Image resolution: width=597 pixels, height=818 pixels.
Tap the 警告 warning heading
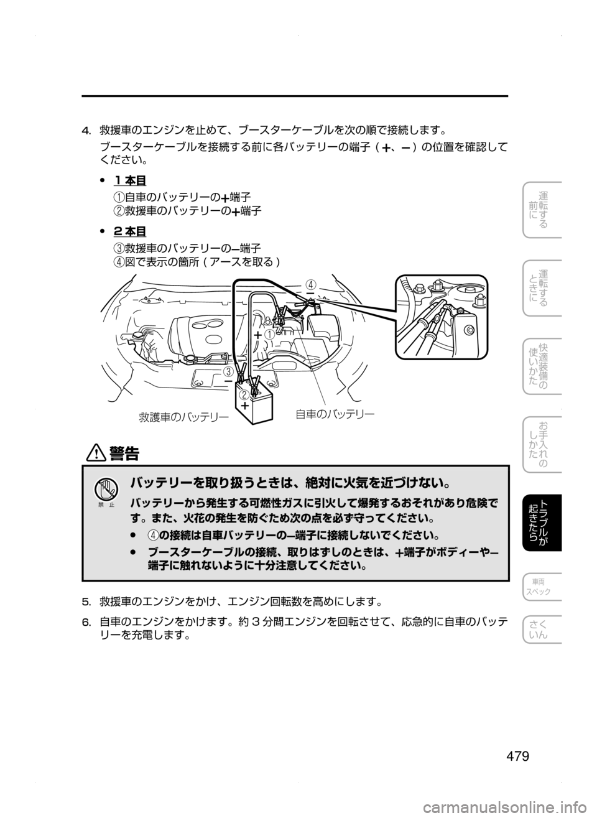point(124,454)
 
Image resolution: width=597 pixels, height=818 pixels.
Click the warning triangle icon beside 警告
point(96,454)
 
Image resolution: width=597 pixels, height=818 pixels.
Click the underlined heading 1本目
point(129,180)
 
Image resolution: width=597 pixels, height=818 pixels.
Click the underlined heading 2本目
point(129,231)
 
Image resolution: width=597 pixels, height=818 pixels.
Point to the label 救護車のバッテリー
point(183,417)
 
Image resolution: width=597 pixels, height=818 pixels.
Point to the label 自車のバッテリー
point(335,414)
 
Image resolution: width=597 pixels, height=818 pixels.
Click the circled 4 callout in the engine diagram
point(310,284)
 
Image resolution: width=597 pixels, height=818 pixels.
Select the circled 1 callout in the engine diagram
point(269,334)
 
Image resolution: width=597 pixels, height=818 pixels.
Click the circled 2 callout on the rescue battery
point(244,395)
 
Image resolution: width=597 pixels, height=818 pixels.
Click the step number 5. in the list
point(86,602)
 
